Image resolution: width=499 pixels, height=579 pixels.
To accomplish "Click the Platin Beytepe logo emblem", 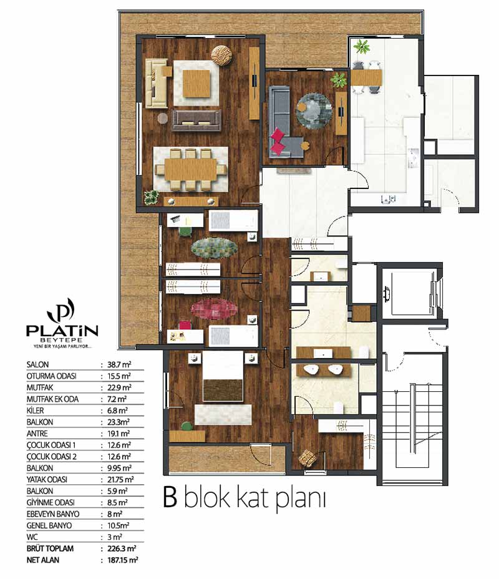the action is (61, 310).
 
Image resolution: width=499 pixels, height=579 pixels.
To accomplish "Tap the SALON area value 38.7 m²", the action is (119, 365).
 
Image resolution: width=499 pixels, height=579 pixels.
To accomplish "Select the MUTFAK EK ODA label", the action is (52, 399).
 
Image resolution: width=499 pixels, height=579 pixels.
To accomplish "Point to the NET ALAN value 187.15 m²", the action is (122, 560).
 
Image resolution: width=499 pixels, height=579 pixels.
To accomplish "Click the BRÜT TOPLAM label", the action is (50, 548).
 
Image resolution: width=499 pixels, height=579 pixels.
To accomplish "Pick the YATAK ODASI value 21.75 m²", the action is (120, 480).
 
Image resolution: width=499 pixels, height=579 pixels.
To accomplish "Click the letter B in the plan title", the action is (170, 497).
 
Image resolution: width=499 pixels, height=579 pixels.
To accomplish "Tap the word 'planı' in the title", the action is (301, 500).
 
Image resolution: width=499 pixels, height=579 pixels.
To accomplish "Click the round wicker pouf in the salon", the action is (221, 56).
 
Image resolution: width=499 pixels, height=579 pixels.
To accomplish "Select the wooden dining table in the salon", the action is (191, 170).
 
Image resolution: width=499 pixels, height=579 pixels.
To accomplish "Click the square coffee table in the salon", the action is (196, 84).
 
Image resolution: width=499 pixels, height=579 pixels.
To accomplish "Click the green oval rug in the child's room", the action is (215, 248).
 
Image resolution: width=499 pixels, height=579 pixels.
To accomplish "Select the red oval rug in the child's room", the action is (215, 308).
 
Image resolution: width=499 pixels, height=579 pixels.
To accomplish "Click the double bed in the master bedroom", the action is (223, 376).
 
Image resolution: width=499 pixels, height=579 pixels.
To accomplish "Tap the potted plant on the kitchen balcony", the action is (361, 47).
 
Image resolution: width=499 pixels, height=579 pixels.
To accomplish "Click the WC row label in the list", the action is (32, 537).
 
